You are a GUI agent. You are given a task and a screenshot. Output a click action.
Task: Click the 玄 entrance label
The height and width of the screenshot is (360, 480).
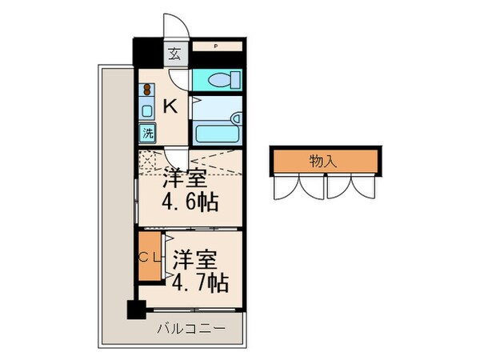(x=174, y=55)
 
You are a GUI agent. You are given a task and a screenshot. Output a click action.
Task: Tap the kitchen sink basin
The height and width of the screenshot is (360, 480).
(x=147, y=111)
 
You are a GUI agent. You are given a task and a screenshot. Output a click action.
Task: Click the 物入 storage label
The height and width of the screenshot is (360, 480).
(x=322, y=161)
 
